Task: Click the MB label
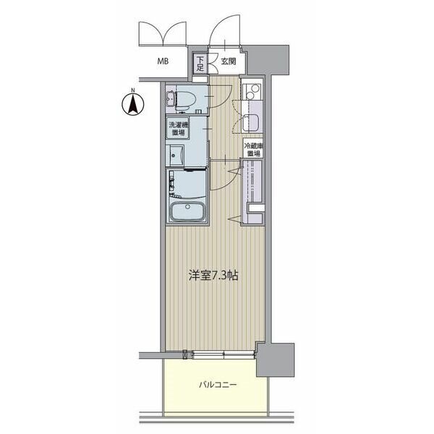(163, 61)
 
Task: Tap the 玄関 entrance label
(229, 61)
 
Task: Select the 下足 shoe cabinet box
(200, 64)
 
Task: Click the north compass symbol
(133, 105)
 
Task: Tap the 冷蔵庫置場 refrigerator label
(253, 149)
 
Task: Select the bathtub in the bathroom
(187, 211)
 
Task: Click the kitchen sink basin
(250, 123)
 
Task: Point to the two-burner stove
(252, 92)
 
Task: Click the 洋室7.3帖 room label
(213, 276)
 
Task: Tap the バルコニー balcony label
(218, 385)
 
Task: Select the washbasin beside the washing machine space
(176, 156)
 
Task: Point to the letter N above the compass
(133, 90)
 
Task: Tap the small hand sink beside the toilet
(170, 98)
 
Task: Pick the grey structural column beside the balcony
(275, 359)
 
